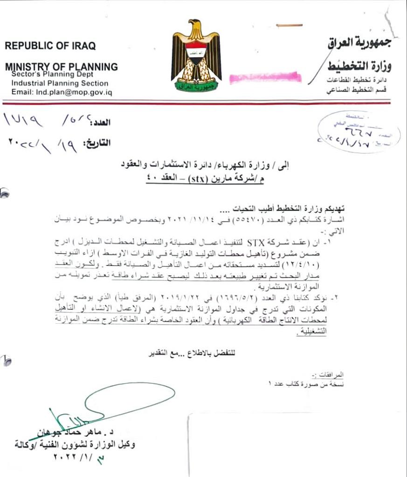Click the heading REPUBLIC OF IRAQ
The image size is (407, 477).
tap(50, 46)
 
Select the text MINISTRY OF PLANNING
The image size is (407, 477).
tap(61, 66)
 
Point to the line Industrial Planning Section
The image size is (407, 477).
tap(60, 83)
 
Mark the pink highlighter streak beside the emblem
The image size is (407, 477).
tap(265, 77)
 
